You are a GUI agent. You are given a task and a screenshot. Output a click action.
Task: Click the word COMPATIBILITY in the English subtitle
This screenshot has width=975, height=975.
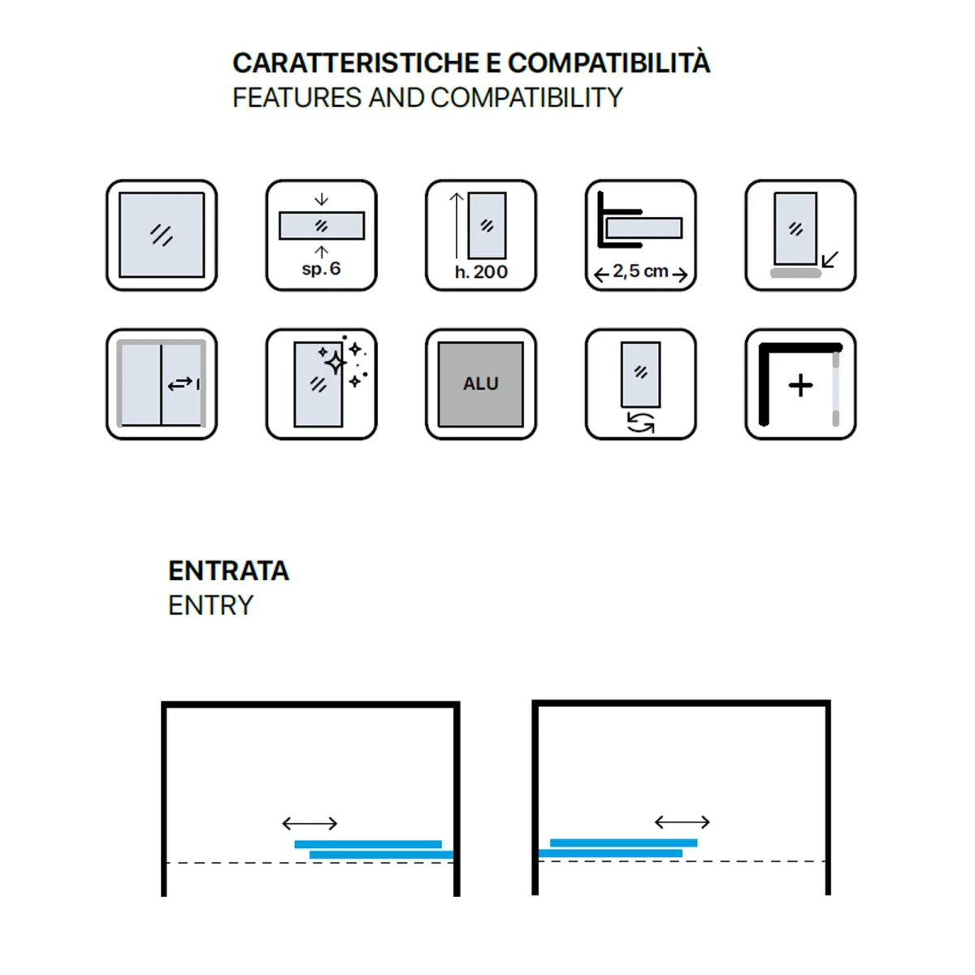(526, 97)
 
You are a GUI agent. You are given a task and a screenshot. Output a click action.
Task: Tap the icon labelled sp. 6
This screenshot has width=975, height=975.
(321, 235)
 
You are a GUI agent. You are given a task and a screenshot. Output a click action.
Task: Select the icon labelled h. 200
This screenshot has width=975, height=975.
(481, 235)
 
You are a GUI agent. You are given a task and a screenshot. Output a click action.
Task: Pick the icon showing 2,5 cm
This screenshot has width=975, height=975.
(640, 235)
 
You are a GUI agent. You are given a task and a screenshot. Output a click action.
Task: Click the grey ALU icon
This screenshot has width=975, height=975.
(481, 384)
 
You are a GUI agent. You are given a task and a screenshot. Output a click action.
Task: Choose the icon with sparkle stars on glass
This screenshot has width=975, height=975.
(321, 384)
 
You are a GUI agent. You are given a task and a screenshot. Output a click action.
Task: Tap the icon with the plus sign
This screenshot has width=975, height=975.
(800, 384)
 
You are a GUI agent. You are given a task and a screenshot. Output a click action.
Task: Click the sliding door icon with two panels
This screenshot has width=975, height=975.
(162, 384)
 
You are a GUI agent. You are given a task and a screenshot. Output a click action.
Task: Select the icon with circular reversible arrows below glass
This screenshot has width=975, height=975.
(640, 384)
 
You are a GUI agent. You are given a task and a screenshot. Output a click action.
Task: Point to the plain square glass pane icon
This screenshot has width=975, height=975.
(162, 235)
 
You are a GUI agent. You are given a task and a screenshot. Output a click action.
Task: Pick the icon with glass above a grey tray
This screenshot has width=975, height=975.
(800, 235)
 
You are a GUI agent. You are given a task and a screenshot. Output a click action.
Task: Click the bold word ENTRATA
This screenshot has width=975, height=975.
(228, 570)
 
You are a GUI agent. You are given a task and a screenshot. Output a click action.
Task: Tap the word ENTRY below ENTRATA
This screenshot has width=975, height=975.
(210, 605)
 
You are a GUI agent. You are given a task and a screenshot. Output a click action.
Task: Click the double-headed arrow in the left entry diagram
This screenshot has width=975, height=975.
(310, 823)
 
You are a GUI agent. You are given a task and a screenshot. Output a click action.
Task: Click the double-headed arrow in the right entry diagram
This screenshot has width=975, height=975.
(682, 822)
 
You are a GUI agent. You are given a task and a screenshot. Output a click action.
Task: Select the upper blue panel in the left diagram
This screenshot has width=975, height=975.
(368, 844)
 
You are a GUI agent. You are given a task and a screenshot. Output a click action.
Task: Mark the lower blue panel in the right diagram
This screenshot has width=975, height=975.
(610, 853)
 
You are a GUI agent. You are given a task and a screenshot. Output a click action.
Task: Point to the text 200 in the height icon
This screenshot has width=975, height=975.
(491, 272)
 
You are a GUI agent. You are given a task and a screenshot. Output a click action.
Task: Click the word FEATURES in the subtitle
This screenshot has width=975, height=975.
(297, 97)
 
